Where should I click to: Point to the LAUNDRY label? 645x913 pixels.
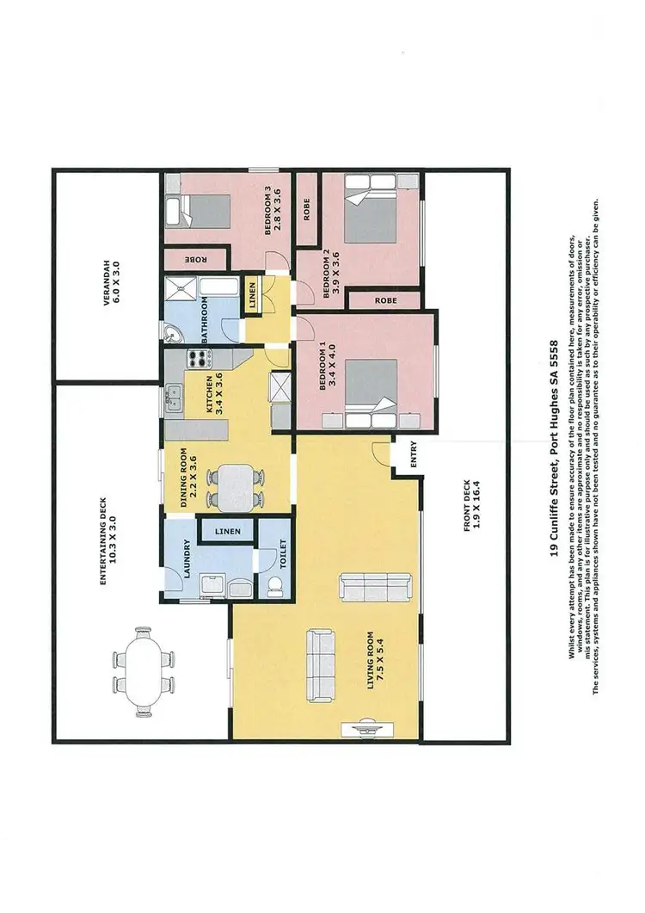point(187,557)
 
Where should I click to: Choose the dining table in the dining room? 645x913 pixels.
point(230,487)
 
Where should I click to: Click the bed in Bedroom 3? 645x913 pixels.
point(200,212)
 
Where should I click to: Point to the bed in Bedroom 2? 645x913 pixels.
point(369,209)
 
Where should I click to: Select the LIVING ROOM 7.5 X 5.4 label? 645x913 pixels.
point(377,661)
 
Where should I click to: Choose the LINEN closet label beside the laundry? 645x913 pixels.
point(228,532)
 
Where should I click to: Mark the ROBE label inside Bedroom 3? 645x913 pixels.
point(193,258)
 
